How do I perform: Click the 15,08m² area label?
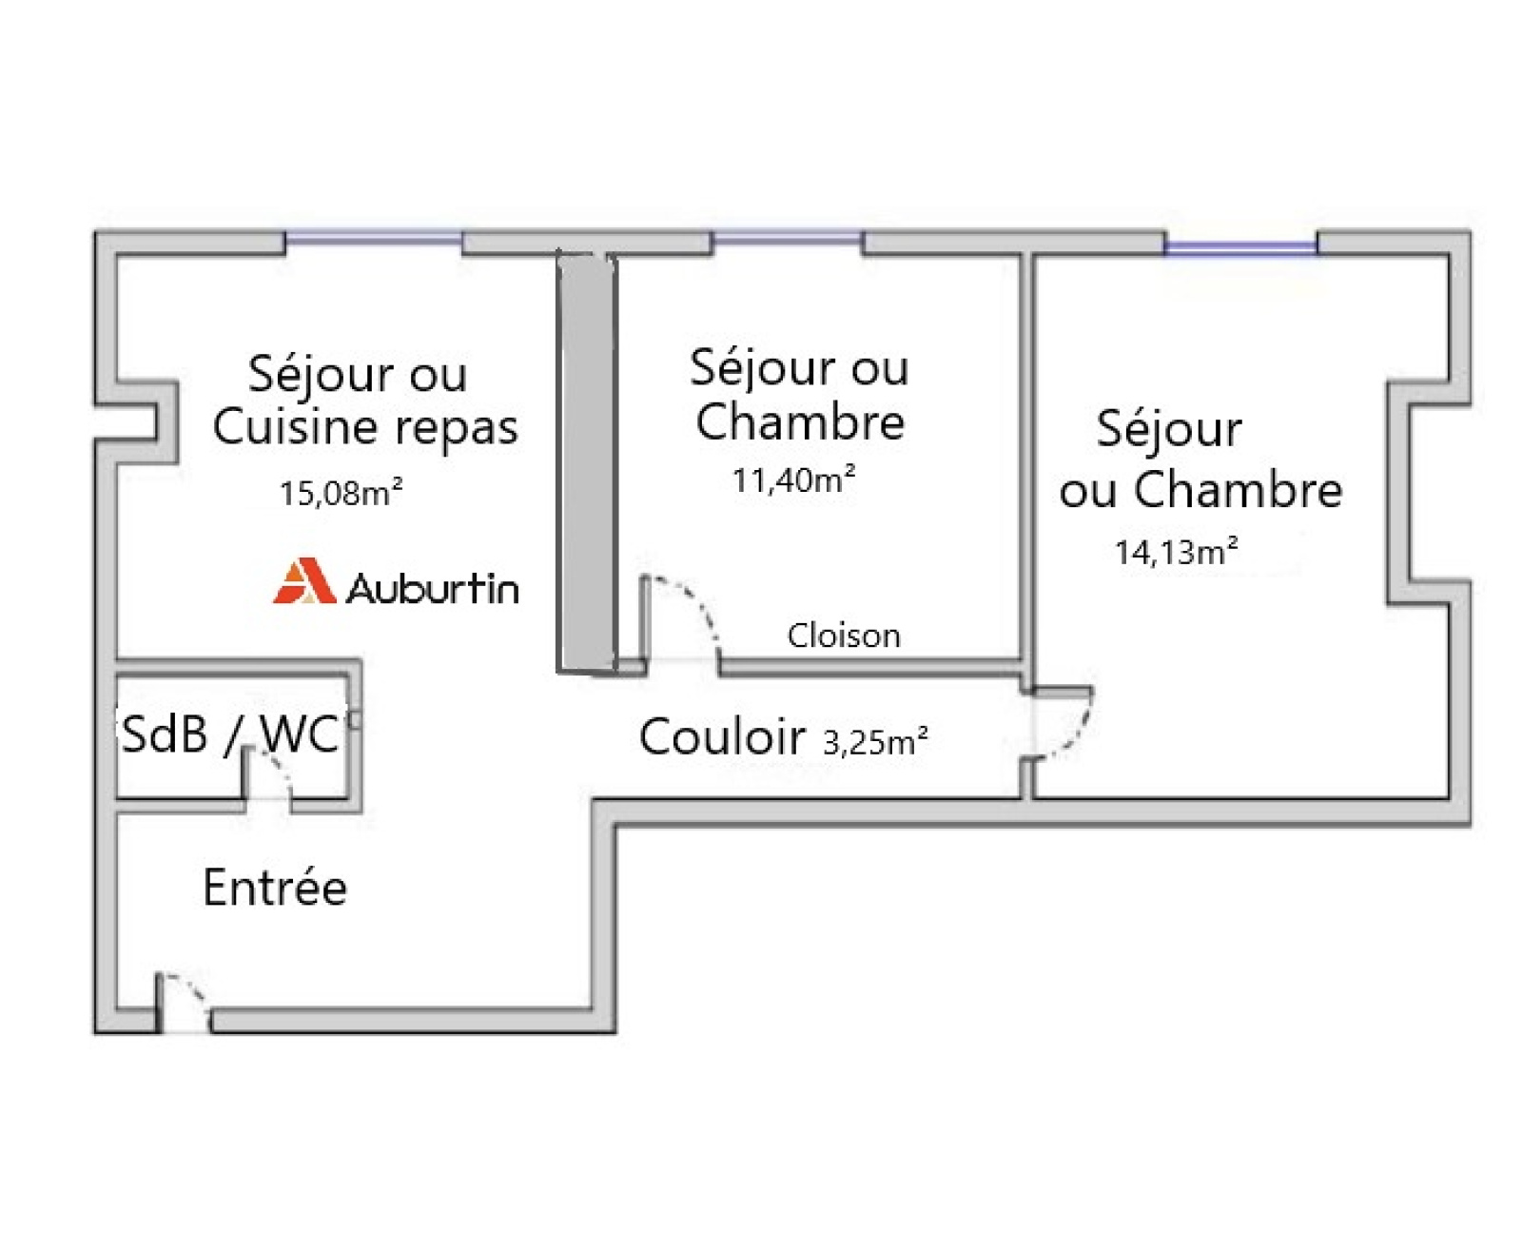[x=341, y=493]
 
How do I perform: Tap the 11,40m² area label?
[x=793, y=479]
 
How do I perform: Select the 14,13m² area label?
[x=1176, y=552]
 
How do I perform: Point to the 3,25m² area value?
[x=875, y=741]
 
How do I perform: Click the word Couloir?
[x=722, y=736]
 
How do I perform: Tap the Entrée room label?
[x=275, y=888]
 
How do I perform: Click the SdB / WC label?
[x=230, y=734]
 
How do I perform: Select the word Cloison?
[x=844, y=635]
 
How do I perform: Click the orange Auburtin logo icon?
[x=304, y=581]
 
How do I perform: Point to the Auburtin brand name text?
[x=433, y=588]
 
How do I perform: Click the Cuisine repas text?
[x=365, y=426]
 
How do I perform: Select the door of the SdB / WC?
[x=269, y=775]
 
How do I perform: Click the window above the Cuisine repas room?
[x=374, y=238]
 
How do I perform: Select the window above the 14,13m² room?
[x=1240, y=247]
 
